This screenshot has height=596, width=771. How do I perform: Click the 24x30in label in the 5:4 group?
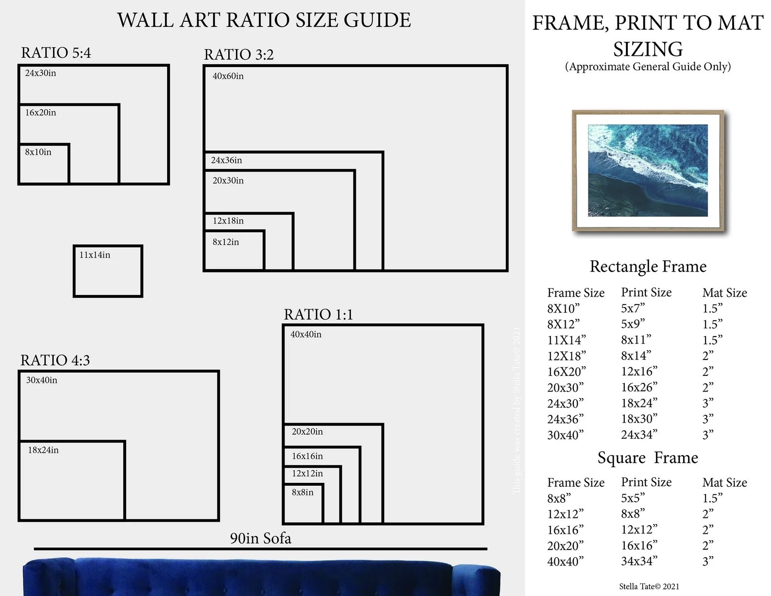click(x=40, y=73)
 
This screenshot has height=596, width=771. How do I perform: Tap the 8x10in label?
click(x=38, y=152)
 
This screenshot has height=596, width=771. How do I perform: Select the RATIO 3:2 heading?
click(x=238, y=54)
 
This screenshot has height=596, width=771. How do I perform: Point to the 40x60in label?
click(x=228, y=76)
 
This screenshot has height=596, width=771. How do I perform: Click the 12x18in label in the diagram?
click(x=228, y=221)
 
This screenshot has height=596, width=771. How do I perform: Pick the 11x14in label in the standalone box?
click(x=95, y=255)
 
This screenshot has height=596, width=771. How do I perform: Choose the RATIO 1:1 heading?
click(x=318, y=314)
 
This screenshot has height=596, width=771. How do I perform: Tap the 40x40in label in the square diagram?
click(x=305, y=335)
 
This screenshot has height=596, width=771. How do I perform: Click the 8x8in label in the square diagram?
click(x=302, y=493)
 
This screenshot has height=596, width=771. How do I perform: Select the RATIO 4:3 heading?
click(x=55, y=360)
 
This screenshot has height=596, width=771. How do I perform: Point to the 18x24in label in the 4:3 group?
click(x=43, y=450)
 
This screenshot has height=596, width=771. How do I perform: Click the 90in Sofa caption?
click(x=260, y=538)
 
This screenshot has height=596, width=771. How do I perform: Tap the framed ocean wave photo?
click(x=648, y=170)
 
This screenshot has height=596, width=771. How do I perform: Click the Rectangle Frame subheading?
click(x=648, y=266)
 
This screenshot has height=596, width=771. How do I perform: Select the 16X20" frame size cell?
click(x=566, y=372)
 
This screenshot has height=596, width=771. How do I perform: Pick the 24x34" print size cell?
click(x=639, y=434)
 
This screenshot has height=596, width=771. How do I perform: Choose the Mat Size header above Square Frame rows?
click(x=724, y=482)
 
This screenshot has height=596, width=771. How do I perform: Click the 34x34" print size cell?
click(x=639, y=561)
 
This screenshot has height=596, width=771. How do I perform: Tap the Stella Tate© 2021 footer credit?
click(x=649, y=586)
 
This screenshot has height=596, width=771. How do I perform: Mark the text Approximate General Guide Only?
click(x=648, y=67)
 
